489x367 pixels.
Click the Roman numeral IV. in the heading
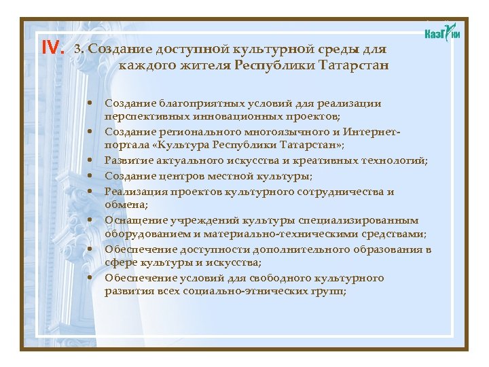53,48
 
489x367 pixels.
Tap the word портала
123,145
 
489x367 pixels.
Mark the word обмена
120,204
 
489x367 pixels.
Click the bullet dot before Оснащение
90,220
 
